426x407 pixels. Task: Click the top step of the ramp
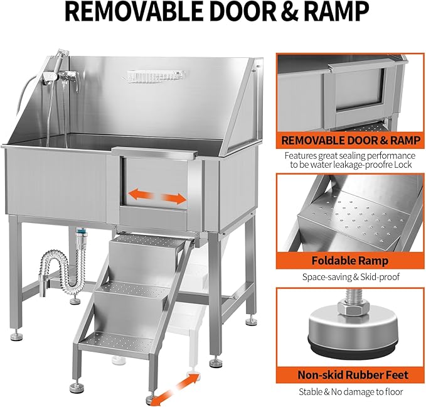(x=144, y=239)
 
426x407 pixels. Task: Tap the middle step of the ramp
(x=132, y=290)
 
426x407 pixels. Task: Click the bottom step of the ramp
(x=117, y=340)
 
